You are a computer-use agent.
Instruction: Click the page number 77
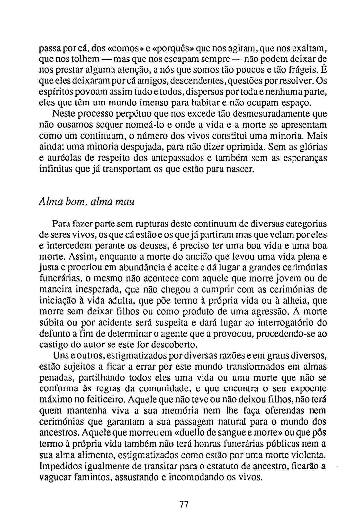(184, 505)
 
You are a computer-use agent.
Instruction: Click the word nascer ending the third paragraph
(241, 170)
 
